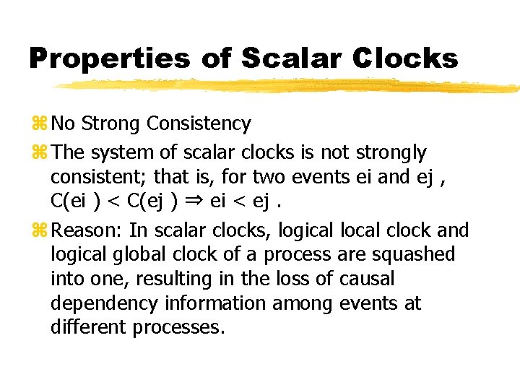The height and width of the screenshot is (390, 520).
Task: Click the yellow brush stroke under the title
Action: pos(289,85)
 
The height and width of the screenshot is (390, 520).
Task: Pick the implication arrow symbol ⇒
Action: pos(194,201)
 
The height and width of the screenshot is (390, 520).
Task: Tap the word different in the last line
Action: pos(89,327)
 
